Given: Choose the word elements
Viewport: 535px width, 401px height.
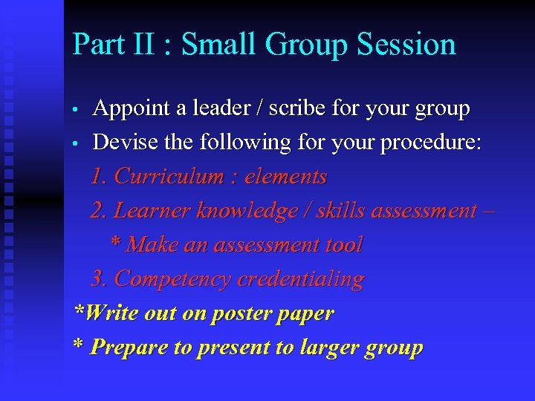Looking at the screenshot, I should [285, 177].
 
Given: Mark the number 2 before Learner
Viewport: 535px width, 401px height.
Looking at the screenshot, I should [97, 211].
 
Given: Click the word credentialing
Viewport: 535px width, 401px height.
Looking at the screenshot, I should [300, 279].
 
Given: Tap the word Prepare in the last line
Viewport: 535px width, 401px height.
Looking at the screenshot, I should [128, 348].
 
